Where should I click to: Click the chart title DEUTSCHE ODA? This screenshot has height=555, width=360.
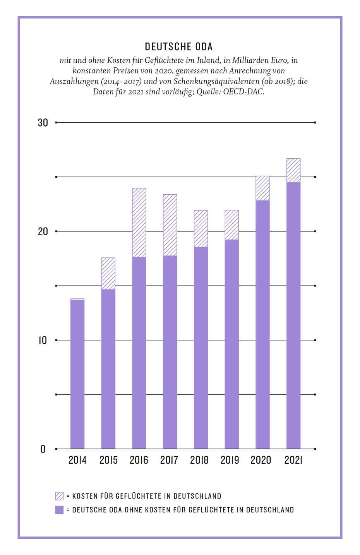pyautogui.click(x=179, y=47)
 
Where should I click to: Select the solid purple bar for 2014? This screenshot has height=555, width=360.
pyautogui.click(x=77, y=374)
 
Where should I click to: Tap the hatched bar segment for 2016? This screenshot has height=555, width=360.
pyautogui.click(x=139, y=223)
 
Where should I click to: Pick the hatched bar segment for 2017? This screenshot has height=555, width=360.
pyautogui.click(x=170, y=225)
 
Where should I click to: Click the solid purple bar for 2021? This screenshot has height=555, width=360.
pyautogui.click(x=293, y=315)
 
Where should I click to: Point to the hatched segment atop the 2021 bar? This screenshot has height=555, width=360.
pyautogui.click(x=293, y=170)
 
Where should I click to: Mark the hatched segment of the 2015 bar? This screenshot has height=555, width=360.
pyautogui.click(x=108, y=273)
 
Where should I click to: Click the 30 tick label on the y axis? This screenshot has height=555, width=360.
pyautogui.click(x=43, y=123)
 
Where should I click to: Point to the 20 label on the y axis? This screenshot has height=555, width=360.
pyautogui.click(x=43, y=231)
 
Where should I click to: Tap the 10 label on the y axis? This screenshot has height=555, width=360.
pyautogui.click(x=43, y=340)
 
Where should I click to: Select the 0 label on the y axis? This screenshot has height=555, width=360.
pyautogui.click(x=43, y=449)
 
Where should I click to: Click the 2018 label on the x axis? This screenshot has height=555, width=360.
pyautogui.click(x=199, y=460)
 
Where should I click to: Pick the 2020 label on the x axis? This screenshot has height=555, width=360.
pyautogui.click(x=261, y=460)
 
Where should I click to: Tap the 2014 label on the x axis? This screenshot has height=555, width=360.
pyautogui.click(x=77, y=460)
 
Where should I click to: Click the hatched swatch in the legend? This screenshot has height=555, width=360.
pyautogui.click(x=59, y=496)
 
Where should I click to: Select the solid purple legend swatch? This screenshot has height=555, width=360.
pyautogui.click(x=59, y=510)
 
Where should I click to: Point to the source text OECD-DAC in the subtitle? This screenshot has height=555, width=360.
pyautogui.click(x=243, y=92)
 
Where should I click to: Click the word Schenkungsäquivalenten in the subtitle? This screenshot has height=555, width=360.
pyautogui.click(x=216, y=81)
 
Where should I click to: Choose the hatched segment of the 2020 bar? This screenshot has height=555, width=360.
pyautogui.click(x=262, y=188)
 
